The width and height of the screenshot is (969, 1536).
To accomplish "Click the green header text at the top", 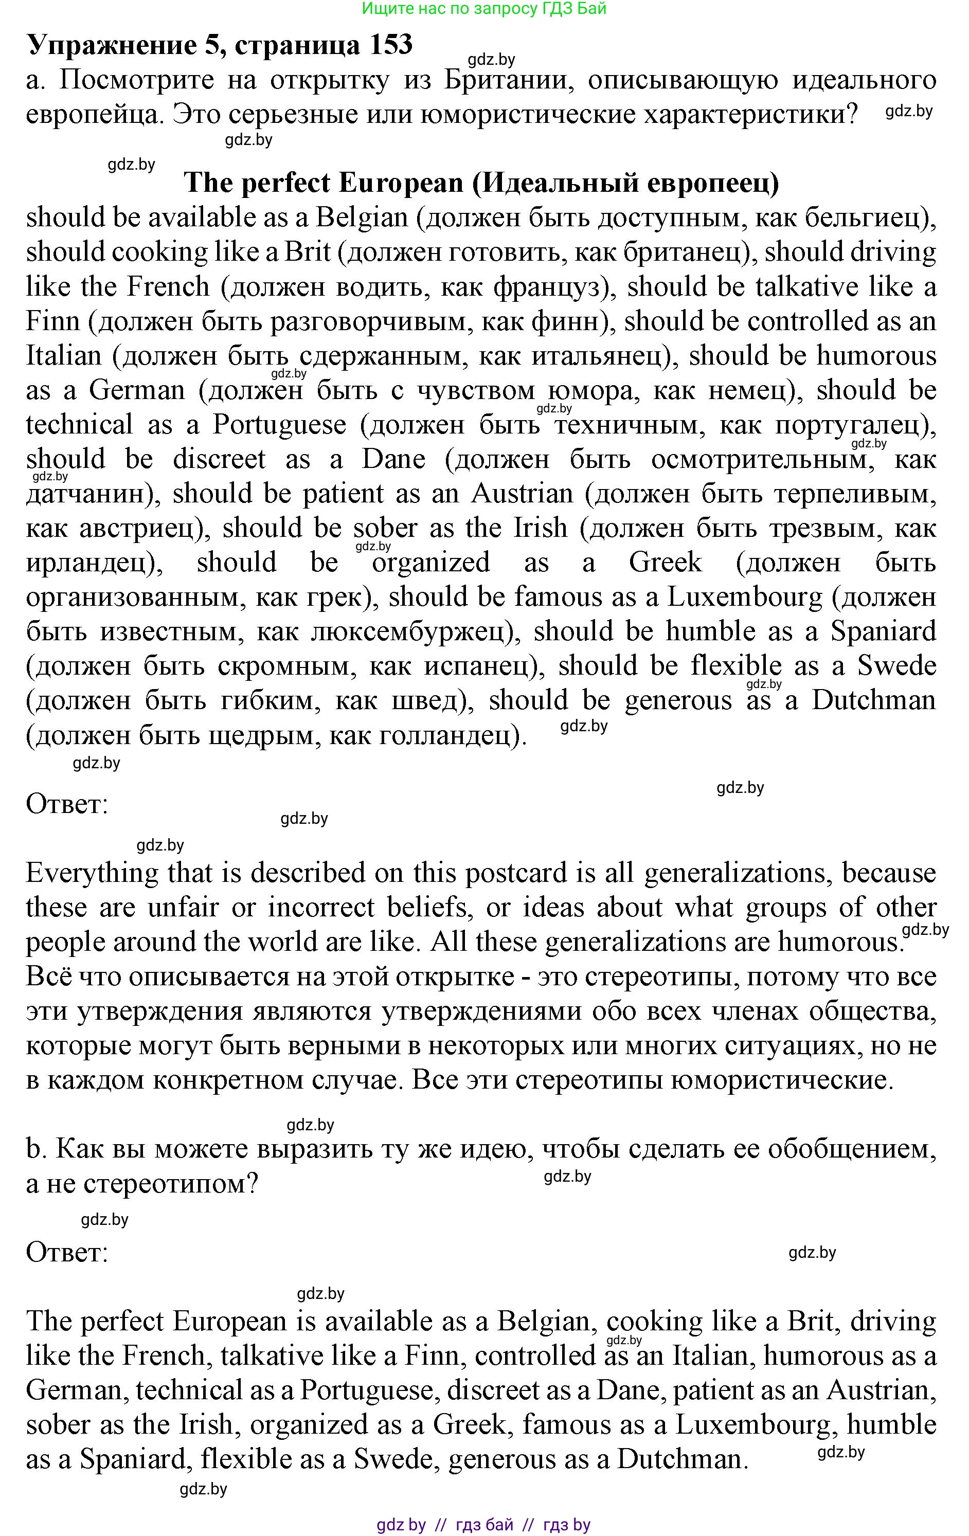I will (x=483, y=8).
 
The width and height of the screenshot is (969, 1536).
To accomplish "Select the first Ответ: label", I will (x=67, y=804).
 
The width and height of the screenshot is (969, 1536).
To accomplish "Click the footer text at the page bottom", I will (x=483, y=1525).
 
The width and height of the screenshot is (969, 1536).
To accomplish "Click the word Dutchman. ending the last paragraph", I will (x=682, y=1459).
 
